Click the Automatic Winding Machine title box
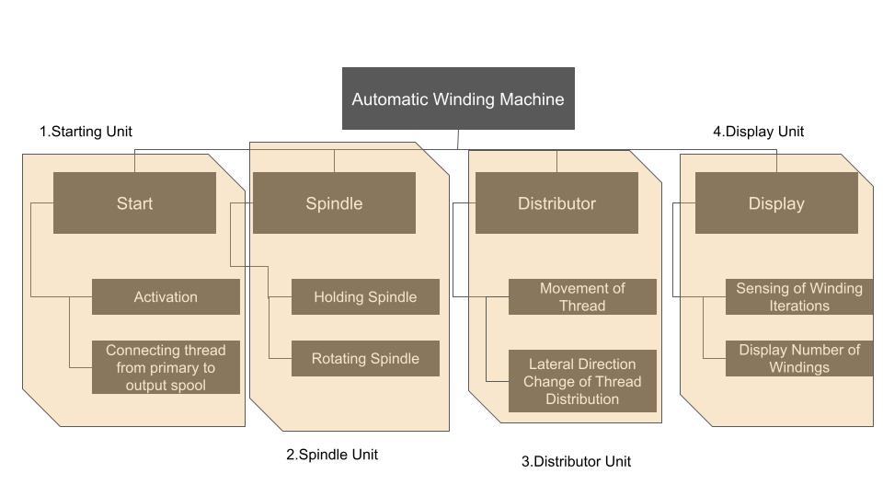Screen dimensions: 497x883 [458, 98]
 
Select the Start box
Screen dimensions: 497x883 [134, 203]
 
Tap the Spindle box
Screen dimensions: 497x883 [334, 203]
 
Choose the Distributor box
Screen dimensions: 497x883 [556, 203]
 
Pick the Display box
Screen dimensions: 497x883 [776, 203]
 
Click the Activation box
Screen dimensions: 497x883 [166, 297]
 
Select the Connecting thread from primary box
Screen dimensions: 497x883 [166, 367]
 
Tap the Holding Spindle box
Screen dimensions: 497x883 [365, 297]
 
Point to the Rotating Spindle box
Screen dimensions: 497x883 [365, 359]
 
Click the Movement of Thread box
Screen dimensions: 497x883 [582, 297]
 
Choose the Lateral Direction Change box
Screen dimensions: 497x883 [582, 381]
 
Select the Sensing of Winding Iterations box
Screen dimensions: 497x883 [798, 297]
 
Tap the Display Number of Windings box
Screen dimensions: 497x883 [798, 359]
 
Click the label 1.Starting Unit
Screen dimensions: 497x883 [92, 132]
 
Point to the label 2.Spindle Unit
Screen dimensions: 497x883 [332, 455]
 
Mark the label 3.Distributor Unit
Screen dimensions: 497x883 [576, 462]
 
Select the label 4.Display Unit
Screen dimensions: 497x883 [758, 132]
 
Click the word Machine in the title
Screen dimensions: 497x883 [531, 99]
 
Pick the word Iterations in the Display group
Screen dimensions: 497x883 [799, 306]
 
